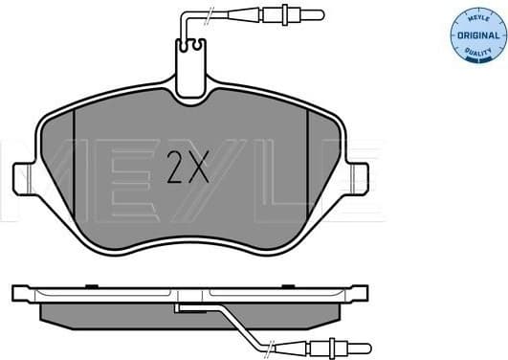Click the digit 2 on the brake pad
176,170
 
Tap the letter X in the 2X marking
197,170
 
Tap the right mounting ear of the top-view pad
358,178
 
